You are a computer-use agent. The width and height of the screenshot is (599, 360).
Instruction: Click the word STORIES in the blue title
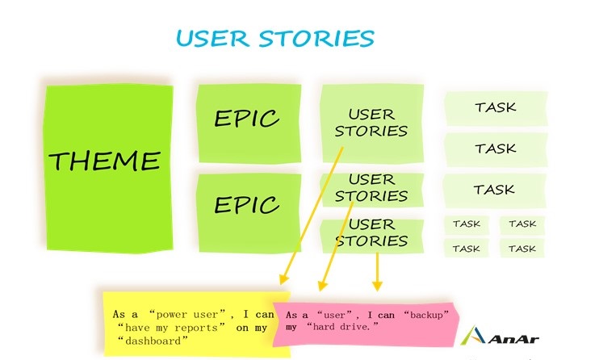(316, 39)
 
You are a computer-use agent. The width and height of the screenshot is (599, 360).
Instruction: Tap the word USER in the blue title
(212, 39)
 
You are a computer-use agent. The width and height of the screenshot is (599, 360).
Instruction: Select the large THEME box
(109, 168)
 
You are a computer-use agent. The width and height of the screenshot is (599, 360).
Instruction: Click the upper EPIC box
(249, 123)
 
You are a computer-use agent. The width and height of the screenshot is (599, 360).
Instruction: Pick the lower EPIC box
(249, 212)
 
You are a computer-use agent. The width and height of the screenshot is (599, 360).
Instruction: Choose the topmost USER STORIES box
(372, 123)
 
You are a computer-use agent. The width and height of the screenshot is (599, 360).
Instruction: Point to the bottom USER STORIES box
(372, 236)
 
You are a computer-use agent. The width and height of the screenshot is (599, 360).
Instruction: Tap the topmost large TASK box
(496, 108)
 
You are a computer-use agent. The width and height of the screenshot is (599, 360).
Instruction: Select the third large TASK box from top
(495, 190)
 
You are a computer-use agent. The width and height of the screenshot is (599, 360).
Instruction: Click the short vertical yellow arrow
(377, 271)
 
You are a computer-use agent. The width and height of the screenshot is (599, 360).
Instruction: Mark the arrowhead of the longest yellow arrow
(283, 280)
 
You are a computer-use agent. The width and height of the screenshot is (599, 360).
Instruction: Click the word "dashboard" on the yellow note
(153, 341)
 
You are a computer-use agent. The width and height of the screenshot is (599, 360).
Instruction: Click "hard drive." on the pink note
(342, 327)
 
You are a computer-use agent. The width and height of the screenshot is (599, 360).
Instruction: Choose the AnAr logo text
(513, 339)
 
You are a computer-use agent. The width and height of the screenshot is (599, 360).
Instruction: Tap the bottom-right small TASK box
(522, 249)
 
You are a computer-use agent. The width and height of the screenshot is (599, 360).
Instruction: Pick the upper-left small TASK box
(467, 224)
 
